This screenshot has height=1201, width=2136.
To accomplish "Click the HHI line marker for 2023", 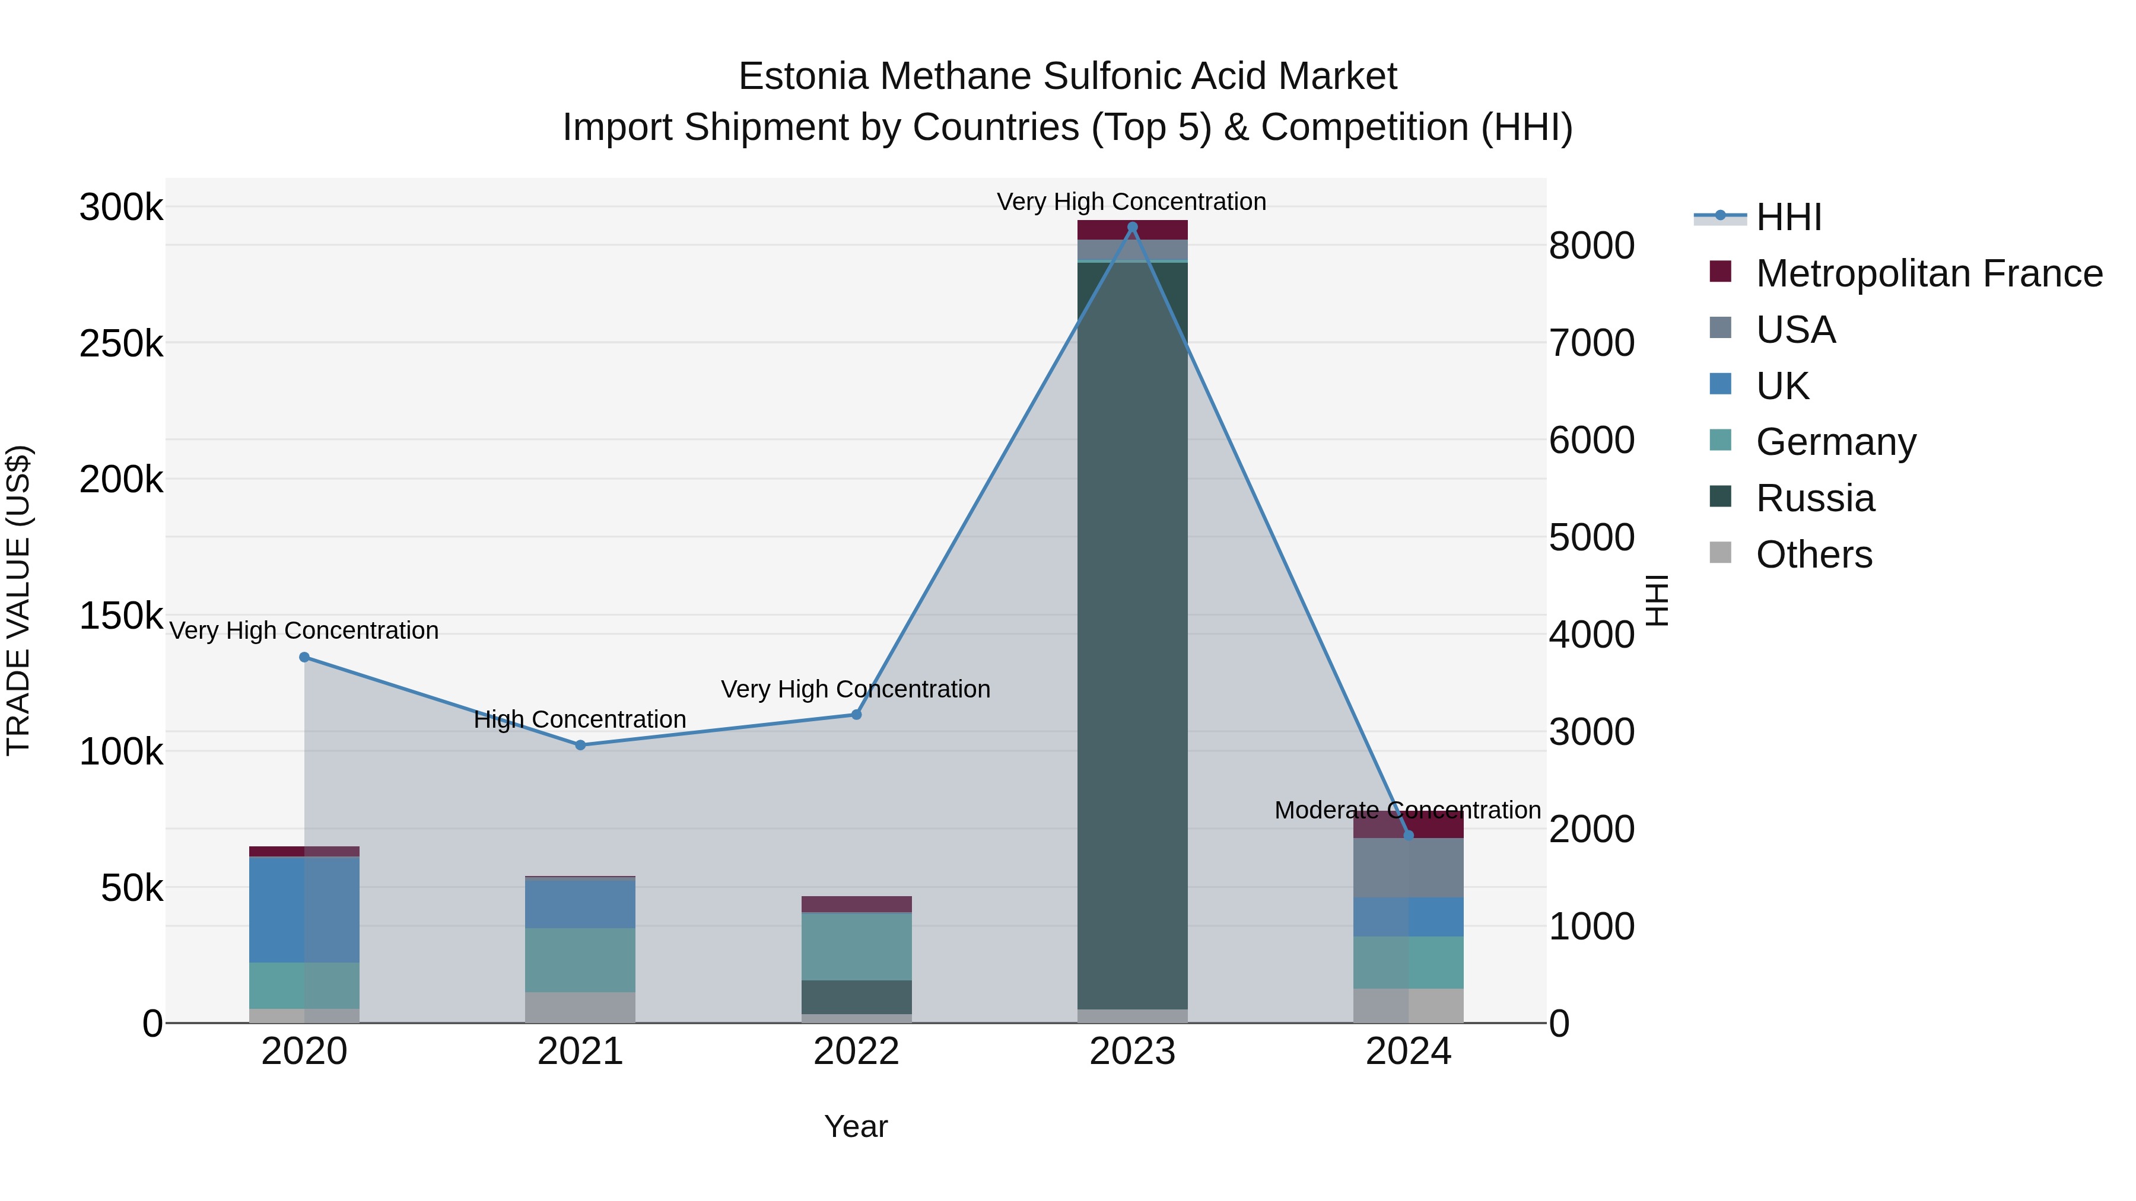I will point(1132,227).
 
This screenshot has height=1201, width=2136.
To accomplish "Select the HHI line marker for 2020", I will point(304,657).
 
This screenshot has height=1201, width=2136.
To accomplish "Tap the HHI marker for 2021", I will point(580,745).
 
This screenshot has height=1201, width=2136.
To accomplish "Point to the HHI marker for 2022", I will point(857,715).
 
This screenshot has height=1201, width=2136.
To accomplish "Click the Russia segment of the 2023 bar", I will point(1132,630).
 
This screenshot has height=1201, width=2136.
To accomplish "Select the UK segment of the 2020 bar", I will point(304,910).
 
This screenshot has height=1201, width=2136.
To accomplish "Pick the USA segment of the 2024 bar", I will point(1408,868).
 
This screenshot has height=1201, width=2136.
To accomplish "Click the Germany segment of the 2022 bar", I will point(857,947).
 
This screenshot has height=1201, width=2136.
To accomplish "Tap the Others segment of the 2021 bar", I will point(580,1007).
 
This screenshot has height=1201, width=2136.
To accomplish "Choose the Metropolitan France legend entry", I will point(1929,273).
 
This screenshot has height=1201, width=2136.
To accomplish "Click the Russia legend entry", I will point(1814,498).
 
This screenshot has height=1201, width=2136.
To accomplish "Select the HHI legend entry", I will point(1788,217).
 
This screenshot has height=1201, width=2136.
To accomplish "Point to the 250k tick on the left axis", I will point(121,343).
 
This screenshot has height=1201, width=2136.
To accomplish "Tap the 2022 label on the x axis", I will point(857,1052).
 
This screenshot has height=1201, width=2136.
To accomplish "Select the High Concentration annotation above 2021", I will point(580,719).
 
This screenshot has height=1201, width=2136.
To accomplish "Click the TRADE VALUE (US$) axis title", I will point(19,600).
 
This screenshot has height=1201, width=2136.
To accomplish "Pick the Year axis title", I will point(856,1126).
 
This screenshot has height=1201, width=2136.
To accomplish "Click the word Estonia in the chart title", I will point(802,77).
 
